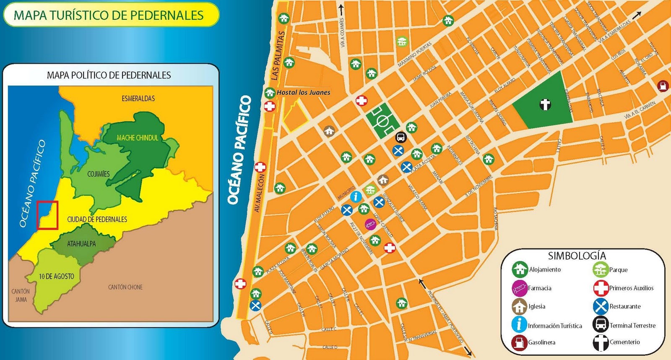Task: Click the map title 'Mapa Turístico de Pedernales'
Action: coord(109,15)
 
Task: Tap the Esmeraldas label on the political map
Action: coord(138,99)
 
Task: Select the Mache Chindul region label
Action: coord(138,138)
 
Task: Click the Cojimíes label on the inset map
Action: coord(99,174)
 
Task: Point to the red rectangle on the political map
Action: coord(47,215)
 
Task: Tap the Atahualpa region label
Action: coord(81,244)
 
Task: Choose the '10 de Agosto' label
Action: coord(56,277)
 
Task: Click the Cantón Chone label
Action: coord(125,287)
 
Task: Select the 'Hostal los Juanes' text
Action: coord(303,92)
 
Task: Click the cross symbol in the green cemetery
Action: coord(545,104)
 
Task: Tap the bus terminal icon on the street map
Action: coord(401,137)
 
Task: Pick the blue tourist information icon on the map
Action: coord(356,196)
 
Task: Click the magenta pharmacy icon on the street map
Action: coord(370,224)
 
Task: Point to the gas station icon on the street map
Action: coord(663,86)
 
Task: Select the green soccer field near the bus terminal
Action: coord(382,121)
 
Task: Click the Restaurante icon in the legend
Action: coord(601,306)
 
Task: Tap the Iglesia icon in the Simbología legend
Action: coord(519,306)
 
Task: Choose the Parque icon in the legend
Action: coord(601,269)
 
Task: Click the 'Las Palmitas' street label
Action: coord(277,56)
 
